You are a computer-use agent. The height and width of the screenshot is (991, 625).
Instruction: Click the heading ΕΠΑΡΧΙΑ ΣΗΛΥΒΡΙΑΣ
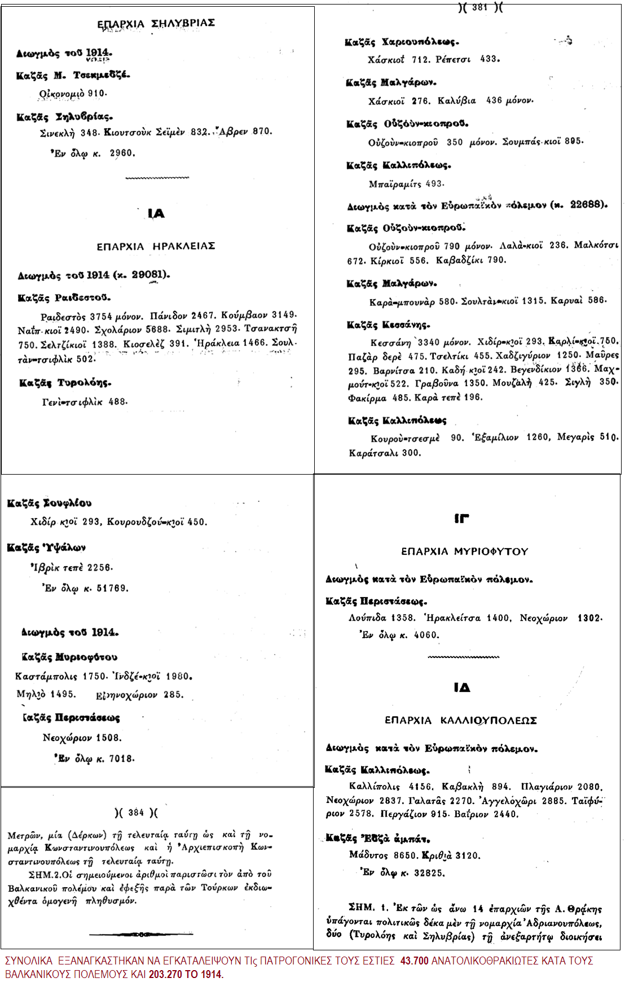click(x=156, y=24)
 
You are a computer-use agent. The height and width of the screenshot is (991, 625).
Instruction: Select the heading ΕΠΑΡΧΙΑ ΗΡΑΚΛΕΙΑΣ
click(x=156, y=247)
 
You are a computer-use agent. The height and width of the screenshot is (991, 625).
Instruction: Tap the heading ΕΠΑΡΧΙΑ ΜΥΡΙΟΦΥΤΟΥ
click(x=464, y=551)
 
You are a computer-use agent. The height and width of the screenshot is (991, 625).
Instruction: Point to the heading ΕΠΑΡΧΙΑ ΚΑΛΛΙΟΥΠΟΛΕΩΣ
click(x=460, y=721)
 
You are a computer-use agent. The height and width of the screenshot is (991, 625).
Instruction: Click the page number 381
click(x=479, y=7)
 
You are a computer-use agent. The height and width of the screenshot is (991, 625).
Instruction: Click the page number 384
click(x=136, y=813)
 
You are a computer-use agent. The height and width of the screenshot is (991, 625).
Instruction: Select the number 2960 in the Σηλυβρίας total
click(x=122, y=153)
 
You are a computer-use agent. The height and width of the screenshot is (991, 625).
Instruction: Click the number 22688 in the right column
click(x=586, y=205)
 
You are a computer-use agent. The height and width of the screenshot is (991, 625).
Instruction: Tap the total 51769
click(x=112, y=588)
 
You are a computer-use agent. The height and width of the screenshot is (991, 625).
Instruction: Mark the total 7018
click(x=121, y=758)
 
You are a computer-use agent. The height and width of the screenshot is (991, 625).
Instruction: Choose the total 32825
click(x=429, y=873)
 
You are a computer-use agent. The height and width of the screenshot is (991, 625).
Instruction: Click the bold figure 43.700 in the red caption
click(x=415, y=961)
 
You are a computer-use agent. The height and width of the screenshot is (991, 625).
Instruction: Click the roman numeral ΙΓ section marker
click(x=462, y=518)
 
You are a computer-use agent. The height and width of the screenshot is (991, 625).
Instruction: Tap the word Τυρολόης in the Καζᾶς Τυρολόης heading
click(x=84, y=383)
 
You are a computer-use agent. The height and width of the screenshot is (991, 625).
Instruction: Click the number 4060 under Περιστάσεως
click(x=426, y=635)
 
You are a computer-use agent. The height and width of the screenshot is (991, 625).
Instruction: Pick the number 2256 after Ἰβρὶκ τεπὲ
click(x=99, y=568)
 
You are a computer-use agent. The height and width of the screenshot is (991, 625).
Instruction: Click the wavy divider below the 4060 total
click(x=463, y=657)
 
